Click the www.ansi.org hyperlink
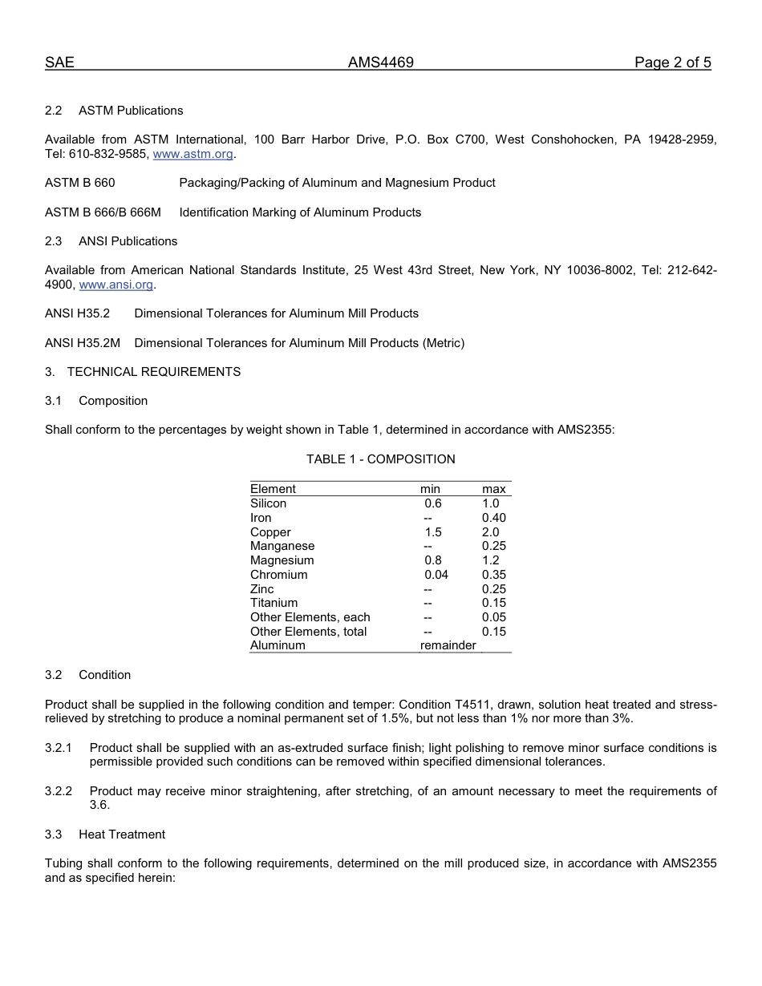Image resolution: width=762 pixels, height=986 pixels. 116,285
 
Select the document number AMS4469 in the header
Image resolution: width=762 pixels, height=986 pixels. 380,63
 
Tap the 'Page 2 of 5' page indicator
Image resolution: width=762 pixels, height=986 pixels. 672,63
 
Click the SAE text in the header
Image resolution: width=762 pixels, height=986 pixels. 59,63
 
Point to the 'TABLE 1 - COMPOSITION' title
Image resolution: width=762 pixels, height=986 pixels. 380,459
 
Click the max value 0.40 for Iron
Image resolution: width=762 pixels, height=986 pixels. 493,518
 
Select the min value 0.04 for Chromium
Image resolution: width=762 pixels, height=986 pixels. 436,575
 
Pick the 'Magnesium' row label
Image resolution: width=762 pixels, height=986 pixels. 282,560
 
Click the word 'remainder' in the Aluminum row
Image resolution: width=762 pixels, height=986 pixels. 448,645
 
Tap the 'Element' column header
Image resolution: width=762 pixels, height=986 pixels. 273,489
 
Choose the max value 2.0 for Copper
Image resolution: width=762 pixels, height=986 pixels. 490,532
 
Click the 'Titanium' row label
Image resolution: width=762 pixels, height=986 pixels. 274,603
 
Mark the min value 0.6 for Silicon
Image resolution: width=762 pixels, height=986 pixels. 433,503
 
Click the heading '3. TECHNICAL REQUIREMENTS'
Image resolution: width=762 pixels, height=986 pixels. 143,372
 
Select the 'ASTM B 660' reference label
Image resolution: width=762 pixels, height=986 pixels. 79,183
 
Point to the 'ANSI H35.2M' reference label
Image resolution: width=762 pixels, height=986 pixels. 83,343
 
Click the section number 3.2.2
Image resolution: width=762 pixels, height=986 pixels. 59,791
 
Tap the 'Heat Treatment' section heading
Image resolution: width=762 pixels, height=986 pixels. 122,834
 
